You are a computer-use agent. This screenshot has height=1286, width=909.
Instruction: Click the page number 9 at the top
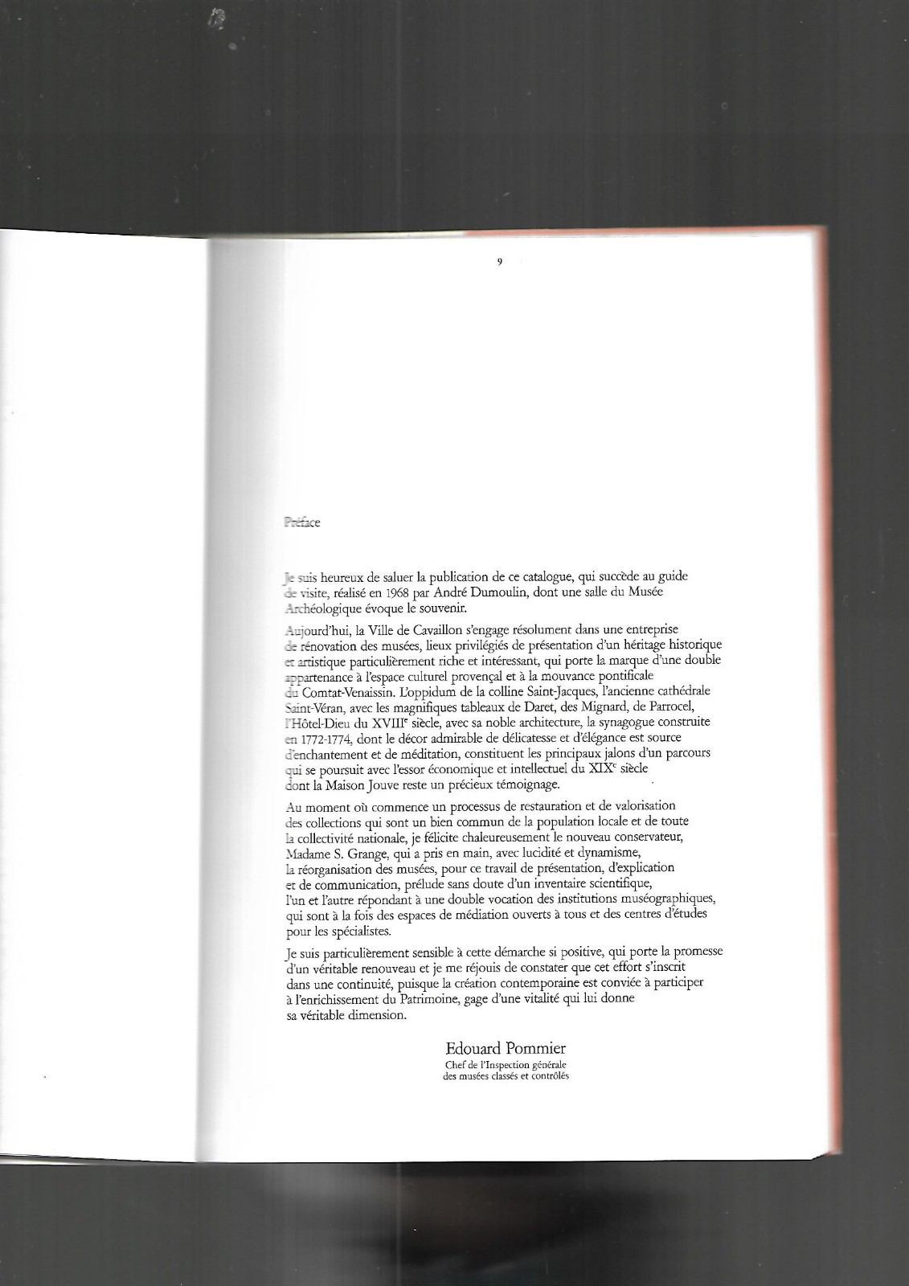pyautogui.click(x=500, y=261)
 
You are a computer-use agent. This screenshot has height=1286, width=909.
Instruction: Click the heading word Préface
pyautogui.click(x=302, y=522)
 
